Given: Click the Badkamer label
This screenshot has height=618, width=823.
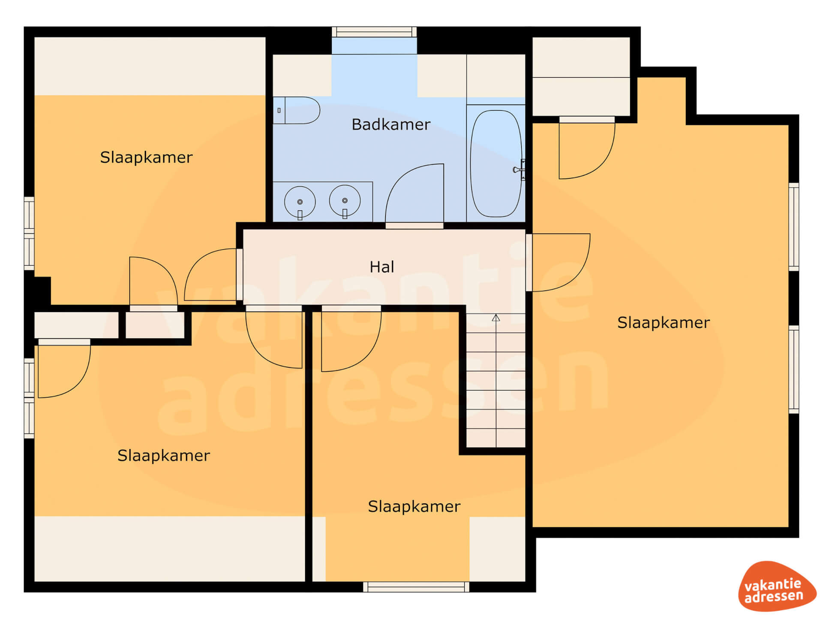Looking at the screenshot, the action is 390,124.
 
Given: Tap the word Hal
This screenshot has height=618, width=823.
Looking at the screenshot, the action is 381,267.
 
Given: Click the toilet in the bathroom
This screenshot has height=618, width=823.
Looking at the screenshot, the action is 297,110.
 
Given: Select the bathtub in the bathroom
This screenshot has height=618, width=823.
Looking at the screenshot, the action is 496,164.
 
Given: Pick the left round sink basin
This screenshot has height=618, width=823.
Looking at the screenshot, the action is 300,201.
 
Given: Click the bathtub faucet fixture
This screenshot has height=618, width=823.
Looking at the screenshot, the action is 520,170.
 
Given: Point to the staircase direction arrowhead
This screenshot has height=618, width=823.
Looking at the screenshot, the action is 496,318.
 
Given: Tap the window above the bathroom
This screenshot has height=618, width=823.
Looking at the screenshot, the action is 374,32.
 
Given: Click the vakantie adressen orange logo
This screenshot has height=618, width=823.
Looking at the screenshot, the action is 777,586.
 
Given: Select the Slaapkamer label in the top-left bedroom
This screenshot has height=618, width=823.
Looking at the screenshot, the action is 146,158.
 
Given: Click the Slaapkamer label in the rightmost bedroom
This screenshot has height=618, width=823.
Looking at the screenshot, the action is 663,323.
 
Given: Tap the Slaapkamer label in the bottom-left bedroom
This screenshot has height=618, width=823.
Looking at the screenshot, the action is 163,456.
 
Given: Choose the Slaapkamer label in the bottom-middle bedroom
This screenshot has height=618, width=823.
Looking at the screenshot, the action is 414,507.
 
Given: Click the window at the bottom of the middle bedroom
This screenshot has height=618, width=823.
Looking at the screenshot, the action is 416,587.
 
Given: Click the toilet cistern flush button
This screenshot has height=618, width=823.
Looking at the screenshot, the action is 279,110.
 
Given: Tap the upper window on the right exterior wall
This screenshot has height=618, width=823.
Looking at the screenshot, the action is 794,227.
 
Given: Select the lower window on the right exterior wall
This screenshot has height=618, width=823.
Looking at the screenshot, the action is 794,370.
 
